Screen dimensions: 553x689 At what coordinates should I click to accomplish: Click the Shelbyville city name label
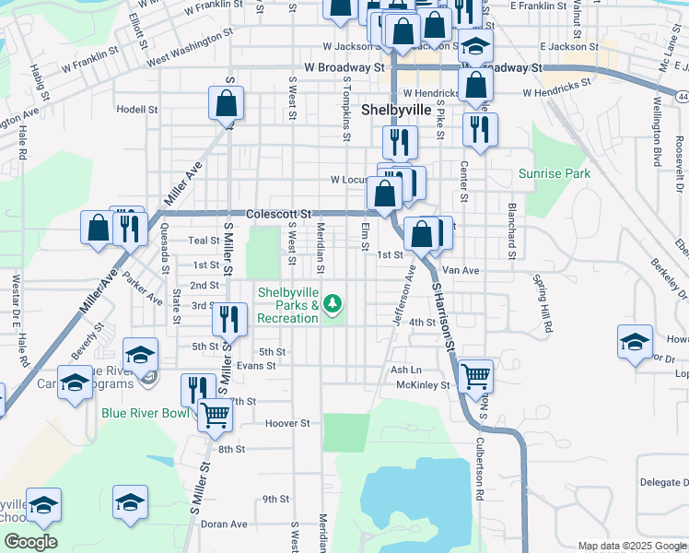click(396, 109)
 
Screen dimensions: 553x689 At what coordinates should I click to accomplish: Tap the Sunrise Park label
click(554, 173)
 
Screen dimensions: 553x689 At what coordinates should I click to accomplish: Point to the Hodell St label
click(137, 108)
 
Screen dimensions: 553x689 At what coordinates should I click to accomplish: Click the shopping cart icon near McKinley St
click(475, 375)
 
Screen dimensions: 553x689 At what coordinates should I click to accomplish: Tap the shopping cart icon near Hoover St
click(215, 415)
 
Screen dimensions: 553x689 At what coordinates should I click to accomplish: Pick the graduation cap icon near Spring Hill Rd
click(636, 341)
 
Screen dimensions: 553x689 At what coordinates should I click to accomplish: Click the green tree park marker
click(333, 302)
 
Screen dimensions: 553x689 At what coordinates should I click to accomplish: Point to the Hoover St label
click(287, 423)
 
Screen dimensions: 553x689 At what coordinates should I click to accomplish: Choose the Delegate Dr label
click(663, 482)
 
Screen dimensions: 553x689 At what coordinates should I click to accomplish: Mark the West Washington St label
click(189, 51)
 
